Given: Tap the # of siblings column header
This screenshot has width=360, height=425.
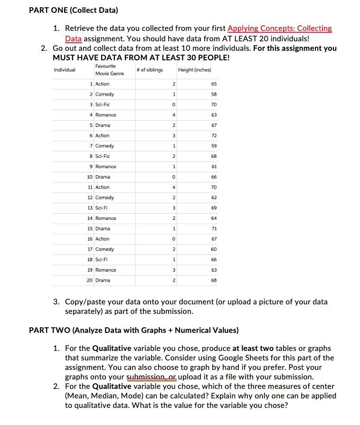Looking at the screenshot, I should pos(149,70).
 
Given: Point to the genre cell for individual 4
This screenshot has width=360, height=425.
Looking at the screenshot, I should pos(105,115).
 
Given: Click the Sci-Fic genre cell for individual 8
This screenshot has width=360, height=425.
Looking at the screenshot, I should pos(103,156).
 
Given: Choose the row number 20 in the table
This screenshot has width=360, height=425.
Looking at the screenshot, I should pos(89,281).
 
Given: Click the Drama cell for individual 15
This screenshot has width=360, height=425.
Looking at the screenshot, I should pos(103,229).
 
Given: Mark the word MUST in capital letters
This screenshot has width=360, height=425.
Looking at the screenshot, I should pos(64,57).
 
